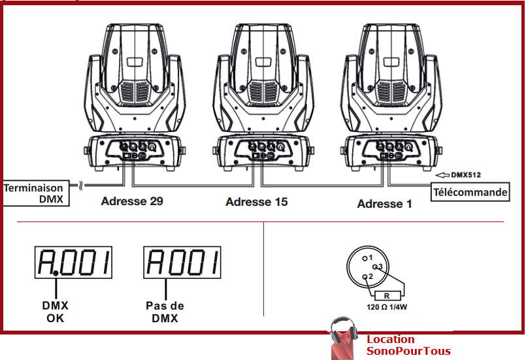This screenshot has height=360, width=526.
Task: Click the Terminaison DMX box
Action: tap(36, 193)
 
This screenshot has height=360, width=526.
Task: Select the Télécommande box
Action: tap(470, 192)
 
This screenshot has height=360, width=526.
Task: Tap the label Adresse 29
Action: tap(132, 201)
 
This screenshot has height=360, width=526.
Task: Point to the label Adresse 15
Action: tap(257, 202)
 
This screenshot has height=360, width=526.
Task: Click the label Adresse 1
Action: tap(384, 204)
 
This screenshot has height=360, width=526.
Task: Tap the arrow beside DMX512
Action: tap(442, 174)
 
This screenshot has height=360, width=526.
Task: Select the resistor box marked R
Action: tap(388, 295)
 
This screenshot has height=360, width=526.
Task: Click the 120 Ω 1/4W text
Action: tap(387, 306)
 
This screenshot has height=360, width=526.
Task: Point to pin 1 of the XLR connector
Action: tap(365, 257)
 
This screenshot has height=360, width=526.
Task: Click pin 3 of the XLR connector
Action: tap(375, 267)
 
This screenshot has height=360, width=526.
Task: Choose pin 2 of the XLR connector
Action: tap(365, 277)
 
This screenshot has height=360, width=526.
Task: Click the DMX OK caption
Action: tap(56, 312)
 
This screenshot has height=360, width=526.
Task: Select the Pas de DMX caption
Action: tap(165, 312)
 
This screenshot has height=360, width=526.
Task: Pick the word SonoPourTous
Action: tap(408, 351)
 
